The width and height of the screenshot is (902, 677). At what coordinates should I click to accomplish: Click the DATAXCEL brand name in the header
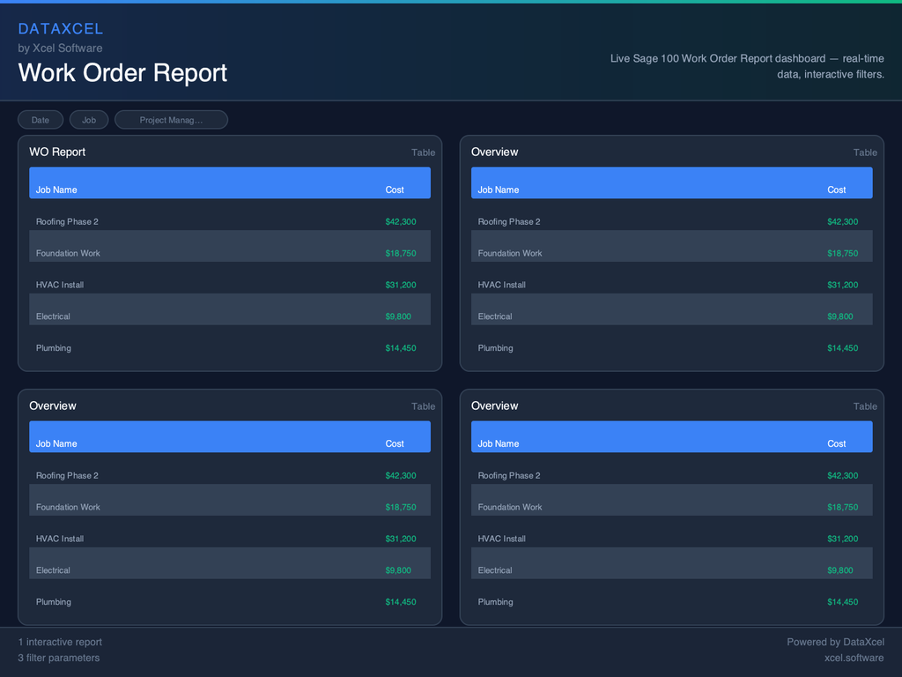(x=61, y=29)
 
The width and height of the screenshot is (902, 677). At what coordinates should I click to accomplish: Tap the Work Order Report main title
(x=122, y=72)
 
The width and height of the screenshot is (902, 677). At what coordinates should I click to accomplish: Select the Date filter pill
(x=41, y=120)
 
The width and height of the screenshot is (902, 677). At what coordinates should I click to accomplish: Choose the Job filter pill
(x=89, y=120)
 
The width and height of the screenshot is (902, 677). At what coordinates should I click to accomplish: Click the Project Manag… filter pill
(x=171, y=120)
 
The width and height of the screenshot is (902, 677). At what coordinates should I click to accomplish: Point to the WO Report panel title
(x=57, y=152)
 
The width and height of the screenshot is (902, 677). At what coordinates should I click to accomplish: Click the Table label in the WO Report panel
(x=423, y=153)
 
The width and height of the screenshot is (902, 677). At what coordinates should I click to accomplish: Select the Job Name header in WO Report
(x=56, y=190)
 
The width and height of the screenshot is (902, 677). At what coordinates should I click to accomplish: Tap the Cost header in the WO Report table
(x=395, y=190)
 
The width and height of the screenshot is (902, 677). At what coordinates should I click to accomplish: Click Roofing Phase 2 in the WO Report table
(x=67, y=221)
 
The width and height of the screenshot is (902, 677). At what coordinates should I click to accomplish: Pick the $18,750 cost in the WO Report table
(x=401, y=253)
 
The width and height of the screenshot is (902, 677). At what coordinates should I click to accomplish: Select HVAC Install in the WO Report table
(x=60, y=285)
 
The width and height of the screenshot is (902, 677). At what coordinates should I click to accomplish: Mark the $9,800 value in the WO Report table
(x=398, y=316)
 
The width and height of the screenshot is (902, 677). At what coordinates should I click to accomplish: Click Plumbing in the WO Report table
(x=54, y=348)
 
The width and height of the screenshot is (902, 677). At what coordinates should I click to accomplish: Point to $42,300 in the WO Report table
(x=401, y=221)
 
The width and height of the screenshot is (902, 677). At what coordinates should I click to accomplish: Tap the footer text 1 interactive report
(x=60, y=642)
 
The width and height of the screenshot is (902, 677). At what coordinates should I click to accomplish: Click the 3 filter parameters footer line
(x=59, y=658)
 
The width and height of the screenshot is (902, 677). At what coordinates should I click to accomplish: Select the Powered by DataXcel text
(x=835, y=642)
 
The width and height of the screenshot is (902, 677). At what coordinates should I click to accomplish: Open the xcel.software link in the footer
(x=854, y=658)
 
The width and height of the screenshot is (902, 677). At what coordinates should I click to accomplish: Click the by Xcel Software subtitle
(x=60, y=48)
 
